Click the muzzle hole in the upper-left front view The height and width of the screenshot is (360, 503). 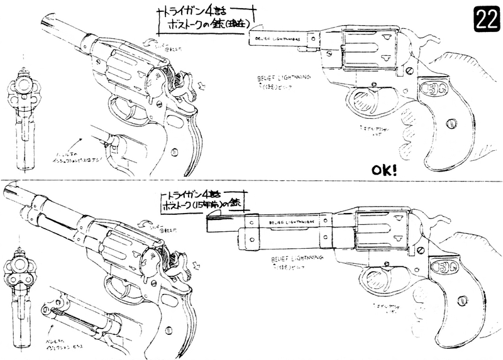(x=25, y=84)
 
